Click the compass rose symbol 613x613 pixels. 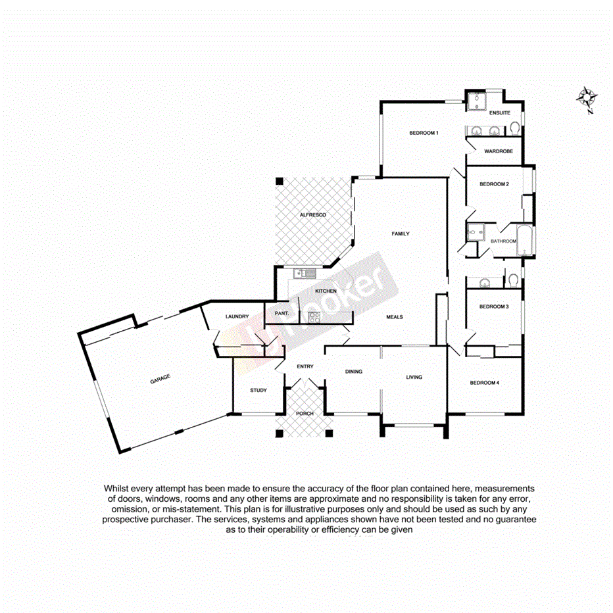(587, 99)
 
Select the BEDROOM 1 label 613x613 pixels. (424, 133)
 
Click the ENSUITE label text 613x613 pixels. (500, 113)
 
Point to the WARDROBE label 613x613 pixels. (498, 151)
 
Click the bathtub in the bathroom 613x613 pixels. (525, 242)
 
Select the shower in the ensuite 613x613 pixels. (475, 101)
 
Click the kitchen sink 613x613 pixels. (303, 272)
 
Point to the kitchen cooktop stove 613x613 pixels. (312, 317)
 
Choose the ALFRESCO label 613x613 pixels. (313, 215)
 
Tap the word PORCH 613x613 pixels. (305, 413)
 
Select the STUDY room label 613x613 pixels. (258, 391)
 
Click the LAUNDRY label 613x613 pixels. (236, 316)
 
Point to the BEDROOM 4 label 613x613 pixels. (485, 383)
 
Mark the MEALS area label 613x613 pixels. (394, 317)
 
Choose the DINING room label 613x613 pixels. (354, 372)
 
